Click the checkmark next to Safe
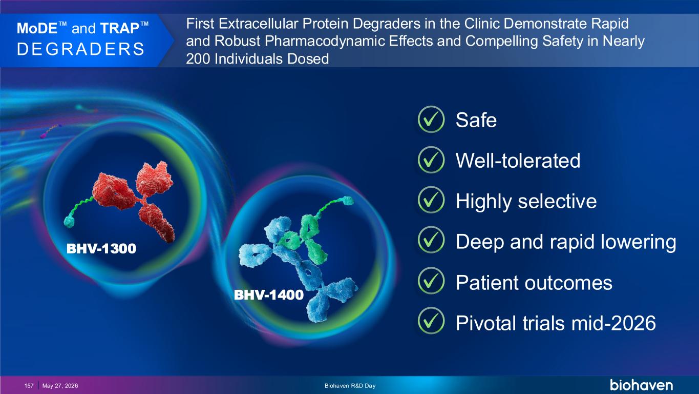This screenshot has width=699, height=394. coord(431,120)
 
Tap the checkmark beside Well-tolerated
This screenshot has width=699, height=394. coord(431,160)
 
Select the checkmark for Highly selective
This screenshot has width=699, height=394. coord(431,200)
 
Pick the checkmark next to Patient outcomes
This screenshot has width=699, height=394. coord(431,281)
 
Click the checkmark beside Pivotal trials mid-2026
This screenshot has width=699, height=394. coord(431,321)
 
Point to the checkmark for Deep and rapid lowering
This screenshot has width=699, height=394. coord(431,240)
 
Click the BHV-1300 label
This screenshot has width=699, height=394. coord(101,249)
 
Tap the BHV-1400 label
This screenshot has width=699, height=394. coord(269,294)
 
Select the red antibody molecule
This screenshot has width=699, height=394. coord(134,200)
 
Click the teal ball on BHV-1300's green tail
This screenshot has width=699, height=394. coord(69,222)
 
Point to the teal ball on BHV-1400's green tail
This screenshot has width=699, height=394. coord(349,201)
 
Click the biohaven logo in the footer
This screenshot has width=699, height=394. coord(641,385)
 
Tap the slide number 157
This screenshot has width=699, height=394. coord(29,386)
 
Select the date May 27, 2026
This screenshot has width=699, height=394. coord(60,386)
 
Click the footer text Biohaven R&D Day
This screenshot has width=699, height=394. coord(350,386)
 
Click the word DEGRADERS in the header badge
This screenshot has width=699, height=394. coord(81,49)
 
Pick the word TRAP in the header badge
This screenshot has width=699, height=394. coord(120,28)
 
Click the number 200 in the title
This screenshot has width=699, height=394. coord(198,59)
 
